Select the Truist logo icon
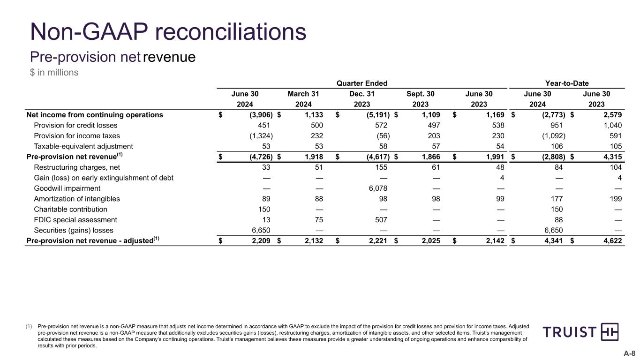coord(609,332)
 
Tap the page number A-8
coord(629,354)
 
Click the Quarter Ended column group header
coord(362,83)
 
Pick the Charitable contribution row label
coord(70,210)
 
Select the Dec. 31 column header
coord(362,94)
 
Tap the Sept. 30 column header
coord(421,94)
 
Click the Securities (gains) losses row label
coord(74,230)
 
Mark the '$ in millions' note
coord(54,73)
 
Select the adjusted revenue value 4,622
coord(611,241)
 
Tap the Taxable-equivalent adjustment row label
coord(83,146)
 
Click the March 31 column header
coord(303,94)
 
